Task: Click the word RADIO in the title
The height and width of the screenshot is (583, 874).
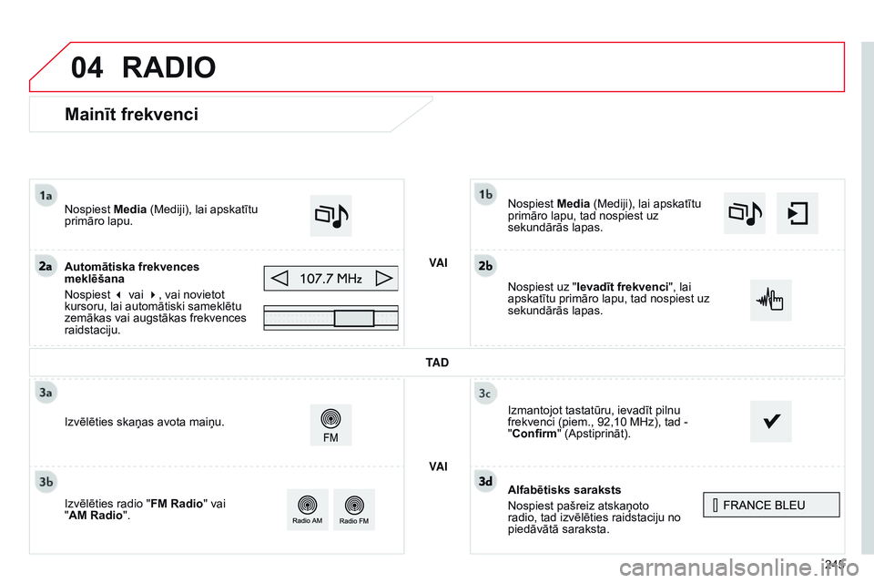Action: tap(168, 67)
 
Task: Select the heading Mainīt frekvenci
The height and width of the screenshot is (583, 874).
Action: tap(131, 114)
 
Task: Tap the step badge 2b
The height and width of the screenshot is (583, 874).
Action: tap(486, 265)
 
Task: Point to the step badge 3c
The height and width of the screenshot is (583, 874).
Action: tap(486, 393)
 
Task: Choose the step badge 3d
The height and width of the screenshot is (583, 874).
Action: tap(486, 479)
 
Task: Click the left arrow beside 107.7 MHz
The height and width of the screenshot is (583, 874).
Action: tap(281, 278)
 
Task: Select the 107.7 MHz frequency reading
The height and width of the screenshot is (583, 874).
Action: tap(331, 278)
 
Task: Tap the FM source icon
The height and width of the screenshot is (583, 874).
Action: tap(330, 424)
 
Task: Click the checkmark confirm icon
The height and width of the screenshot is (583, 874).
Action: tap(770, 422)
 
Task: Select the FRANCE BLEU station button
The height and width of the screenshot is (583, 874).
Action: tap(771, 505)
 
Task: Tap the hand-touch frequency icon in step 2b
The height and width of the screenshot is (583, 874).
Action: tap(770, 300)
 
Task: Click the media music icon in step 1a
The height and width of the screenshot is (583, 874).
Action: tap(330, 216)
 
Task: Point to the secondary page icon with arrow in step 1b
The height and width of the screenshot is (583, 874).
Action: tap(797, 213)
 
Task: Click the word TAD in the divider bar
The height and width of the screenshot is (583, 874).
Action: tap(437, 362)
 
